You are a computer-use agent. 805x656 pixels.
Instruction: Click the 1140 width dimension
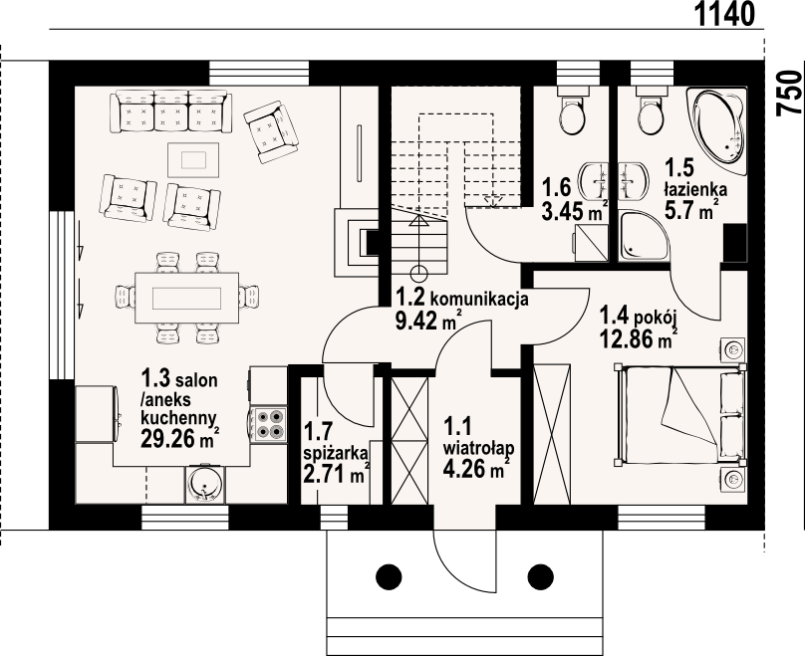point(725,14)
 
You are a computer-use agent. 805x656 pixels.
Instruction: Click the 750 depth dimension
point(790,93)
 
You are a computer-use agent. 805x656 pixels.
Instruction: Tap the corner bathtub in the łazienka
point(716,131)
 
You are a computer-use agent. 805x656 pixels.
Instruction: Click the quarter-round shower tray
point(644,237)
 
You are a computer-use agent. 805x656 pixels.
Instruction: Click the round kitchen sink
point(205,485)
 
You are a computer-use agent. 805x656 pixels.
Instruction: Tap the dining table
point(187,298)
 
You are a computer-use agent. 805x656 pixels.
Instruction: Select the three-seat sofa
point(171,110)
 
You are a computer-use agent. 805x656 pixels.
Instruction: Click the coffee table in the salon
point(193,160)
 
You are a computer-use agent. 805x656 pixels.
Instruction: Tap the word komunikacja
point(479,298)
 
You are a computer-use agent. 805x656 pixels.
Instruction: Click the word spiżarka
point(337,453)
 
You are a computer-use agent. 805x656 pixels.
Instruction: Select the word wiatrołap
point(479,448)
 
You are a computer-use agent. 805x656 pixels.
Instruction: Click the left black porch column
point(389,577)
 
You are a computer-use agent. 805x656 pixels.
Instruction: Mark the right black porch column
point(541,577)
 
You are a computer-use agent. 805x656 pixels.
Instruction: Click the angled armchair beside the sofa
point(271,131)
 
